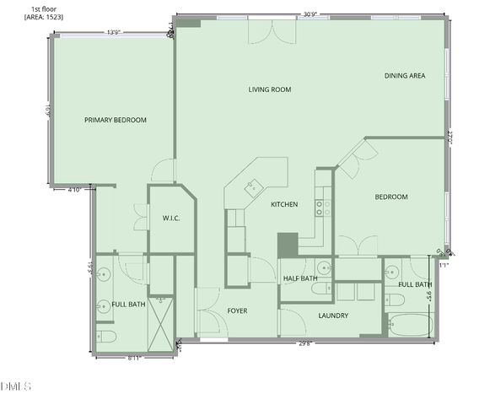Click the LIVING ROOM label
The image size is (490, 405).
click(269, 89)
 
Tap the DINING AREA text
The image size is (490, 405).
click(404, 76)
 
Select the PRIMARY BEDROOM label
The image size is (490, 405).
click(116, 120)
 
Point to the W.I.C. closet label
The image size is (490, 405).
click(171, 219)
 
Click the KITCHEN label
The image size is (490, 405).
click(283, 204)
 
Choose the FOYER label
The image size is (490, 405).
click(238, 310)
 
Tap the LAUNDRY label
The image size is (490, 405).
click(333, 316)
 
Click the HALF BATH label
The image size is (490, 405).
click(300, 278)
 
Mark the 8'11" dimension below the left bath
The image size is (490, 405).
click(135, 358)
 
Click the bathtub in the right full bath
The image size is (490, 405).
click(408, 325)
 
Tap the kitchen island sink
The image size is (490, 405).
click(253, 186)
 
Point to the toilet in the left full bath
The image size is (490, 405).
click(106, 337)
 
